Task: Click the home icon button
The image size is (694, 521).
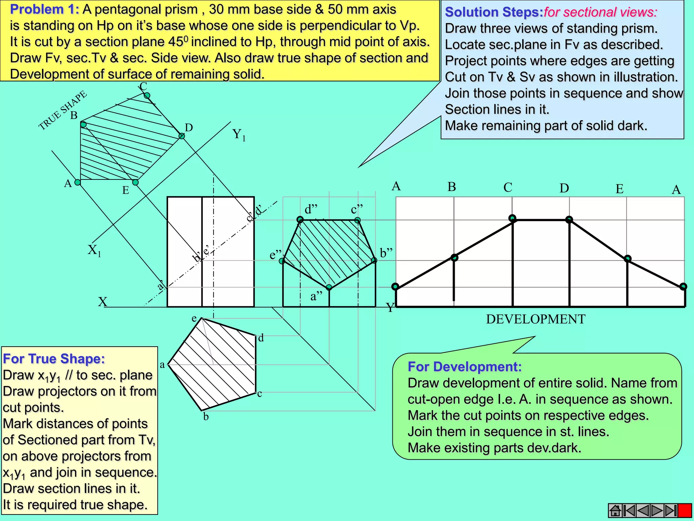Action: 615,510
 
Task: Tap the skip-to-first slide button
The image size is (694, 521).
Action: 629,510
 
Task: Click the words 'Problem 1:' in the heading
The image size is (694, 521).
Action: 44,9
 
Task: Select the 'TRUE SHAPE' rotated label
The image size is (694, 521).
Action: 62,111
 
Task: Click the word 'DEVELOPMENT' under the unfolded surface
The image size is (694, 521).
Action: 535,319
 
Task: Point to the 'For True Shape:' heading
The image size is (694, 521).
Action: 54,359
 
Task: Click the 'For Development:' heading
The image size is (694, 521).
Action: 464,367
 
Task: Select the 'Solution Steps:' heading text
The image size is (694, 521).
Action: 494,12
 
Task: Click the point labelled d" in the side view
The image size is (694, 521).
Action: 300,220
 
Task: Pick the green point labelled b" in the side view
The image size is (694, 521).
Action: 374,260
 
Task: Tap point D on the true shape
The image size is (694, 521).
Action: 182,136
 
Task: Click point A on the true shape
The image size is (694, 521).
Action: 78,182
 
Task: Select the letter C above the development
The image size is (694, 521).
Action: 508,187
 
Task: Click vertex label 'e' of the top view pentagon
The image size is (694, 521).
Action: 194,319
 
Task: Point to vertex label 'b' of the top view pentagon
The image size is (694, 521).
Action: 206,417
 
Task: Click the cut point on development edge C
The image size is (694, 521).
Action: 512,218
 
